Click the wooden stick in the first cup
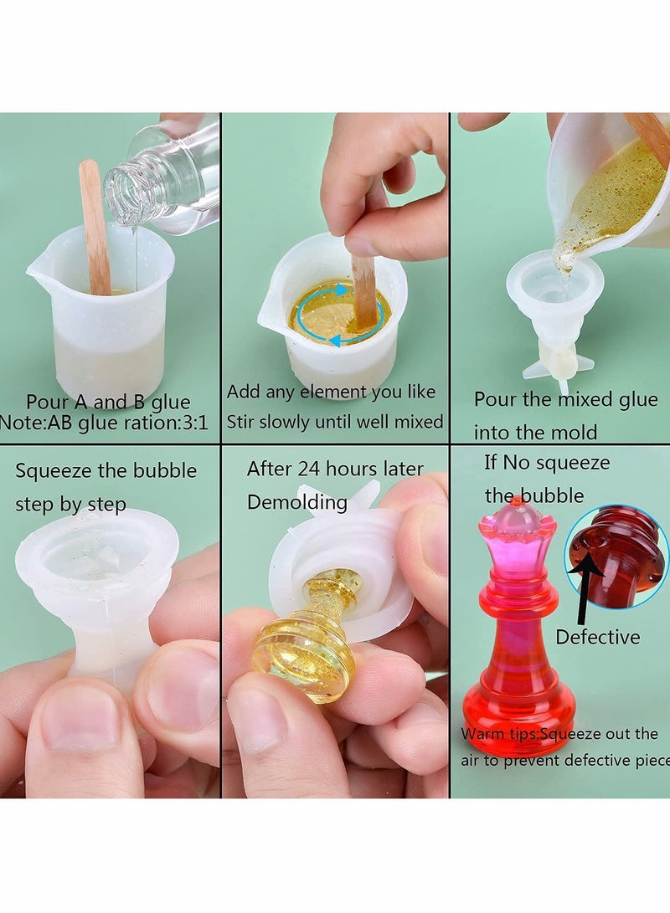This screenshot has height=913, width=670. [x=95, y=226]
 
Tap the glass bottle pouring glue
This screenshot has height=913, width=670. [x=163, y=180]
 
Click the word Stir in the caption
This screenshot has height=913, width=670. [x=245, y=422]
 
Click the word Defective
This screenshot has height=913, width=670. [x=597, y=637]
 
